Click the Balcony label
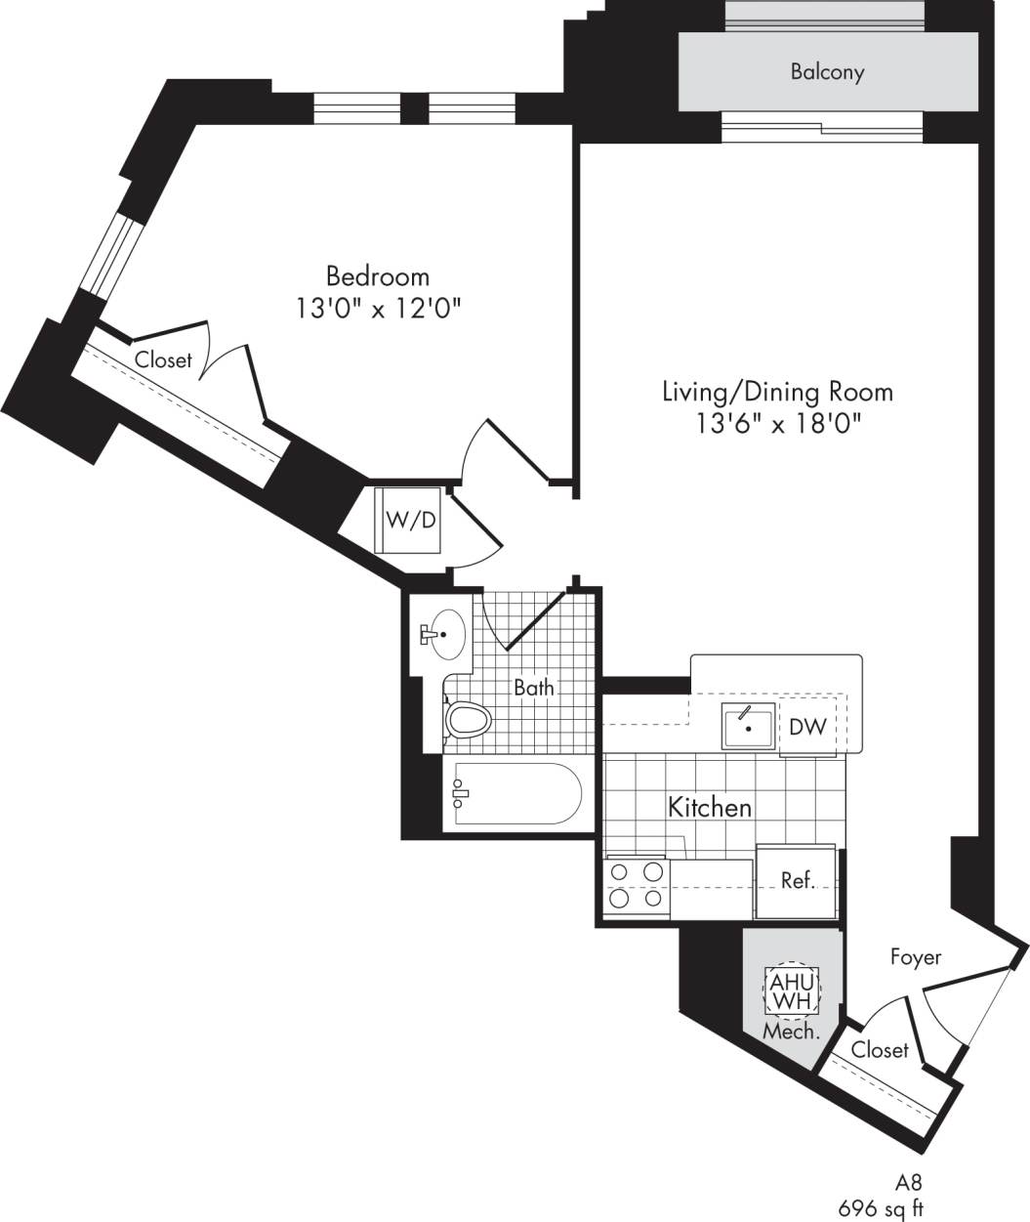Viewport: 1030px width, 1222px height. (827, 72)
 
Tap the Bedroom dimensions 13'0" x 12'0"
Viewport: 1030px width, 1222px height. (378, 309)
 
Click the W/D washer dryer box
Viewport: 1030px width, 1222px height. (410, 520)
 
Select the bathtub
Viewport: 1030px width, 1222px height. (513, 796)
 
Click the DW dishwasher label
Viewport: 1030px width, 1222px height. (808, 727)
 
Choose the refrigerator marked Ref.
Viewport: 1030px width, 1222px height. (797, 880)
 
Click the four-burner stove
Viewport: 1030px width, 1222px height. (637, 886)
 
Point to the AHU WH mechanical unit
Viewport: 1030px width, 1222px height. (791, 991)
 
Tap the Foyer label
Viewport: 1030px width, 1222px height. (915, 956)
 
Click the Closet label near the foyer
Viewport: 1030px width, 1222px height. (880, 1050)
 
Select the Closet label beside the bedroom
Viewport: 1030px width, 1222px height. (163, 359)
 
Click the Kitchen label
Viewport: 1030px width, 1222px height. (710, 807)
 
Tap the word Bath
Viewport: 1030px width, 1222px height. (534, 688)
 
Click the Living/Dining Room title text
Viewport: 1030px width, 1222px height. (777, 392)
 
